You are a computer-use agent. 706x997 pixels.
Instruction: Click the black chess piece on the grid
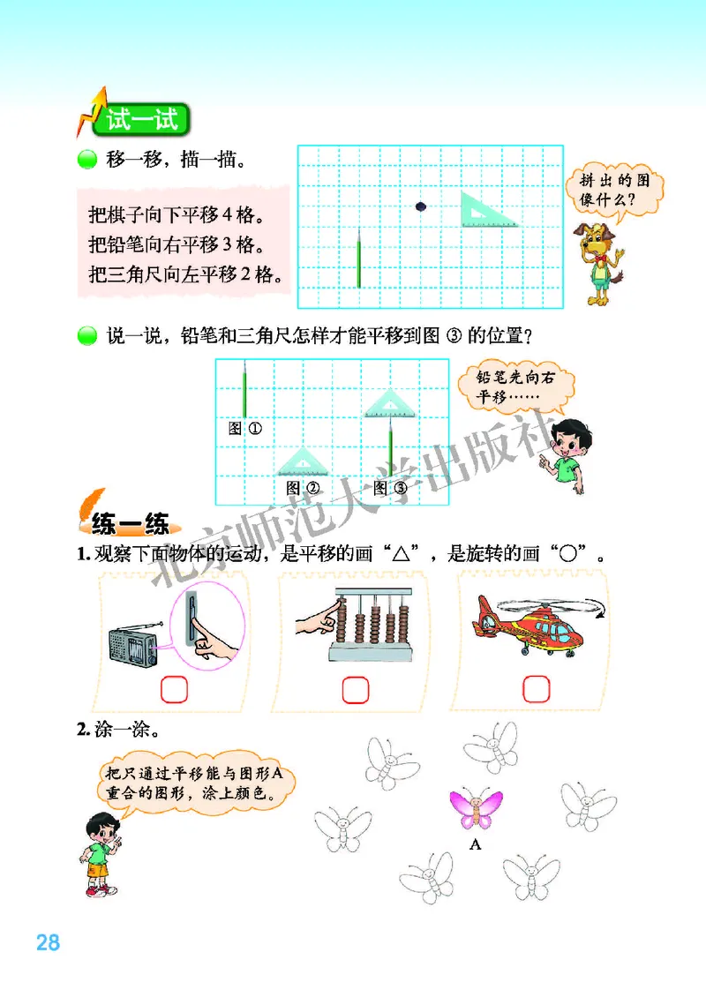point(421,207)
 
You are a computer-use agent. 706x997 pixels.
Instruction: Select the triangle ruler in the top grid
point(487,211)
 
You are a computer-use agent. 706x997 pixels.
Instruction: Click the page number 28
point(48,941)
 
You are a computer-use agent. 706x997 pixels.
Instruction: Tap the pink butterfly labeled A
point(476,808)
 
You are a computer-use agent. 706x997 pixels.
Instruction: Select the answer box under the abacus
point(355,688)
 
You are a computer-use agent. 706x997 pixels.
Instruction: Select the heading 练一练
point(131,527)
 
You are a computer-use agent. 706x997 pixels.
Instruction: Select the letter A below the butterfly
point(476,844)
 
